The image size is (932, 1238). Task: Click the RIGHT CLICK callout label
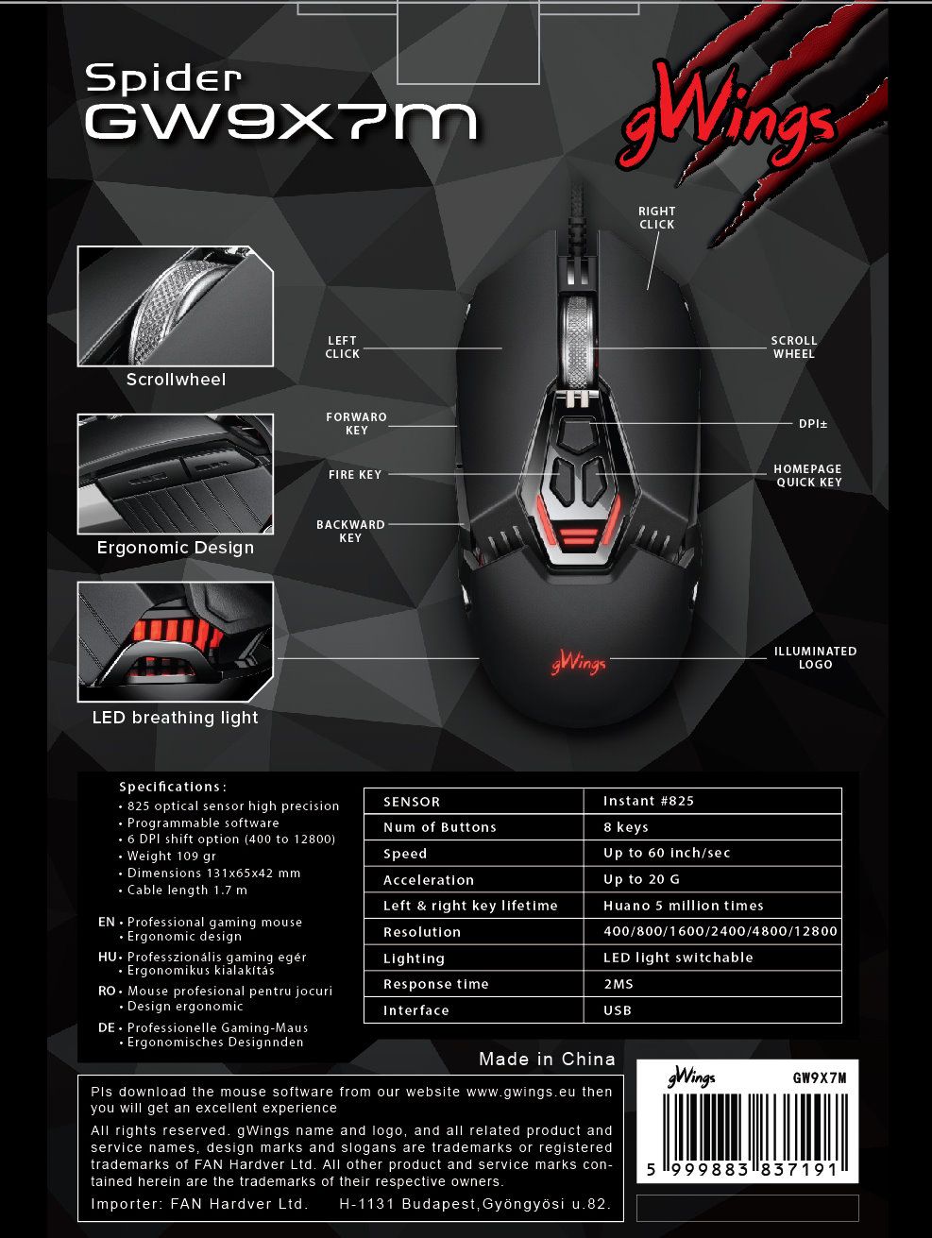click(x=656, y=218)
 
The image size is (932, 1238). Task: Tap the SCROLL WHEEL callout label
click(x=793, y=347)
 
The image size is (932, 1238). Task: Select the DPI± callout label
click(x=812, y=424)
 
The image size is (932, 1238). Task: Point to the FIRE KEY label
click(x=355, y=475)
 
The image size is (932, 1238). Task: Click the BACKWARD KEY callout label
click(x=350, y=531)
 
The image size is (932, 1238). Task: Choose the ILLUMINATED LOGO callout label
click(x=815, y=657)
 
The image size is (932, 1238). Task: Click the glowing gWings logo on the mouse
click(x=578, y=664)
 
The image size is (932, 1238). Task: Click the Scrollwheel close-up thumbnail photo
click(x=175, y=306)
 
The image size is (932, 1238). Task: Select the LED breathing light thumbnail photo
click(x=175, y=641)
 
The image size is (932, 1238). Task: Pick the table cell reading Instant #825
click(x=649, y=801)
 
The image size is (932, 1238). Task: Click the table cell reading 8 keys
click(x=626, y=827)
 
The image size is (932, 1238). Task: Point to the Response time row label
click(x=435, y=984)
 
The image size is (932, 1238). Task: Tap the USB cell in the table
click(x=618, y=1010)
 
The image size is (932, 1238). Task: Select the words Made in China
click(x=547, y=1059)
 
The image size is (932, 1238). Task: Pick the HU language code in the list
click(x=107, y=957)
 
